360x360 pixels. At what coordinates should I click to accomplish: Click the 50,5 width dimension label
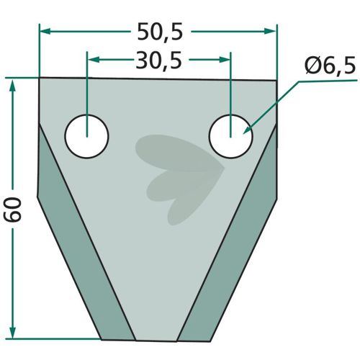(x=160, y=32)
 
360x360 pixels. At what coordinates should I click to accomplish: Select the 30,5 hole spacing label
(x=158, y=60)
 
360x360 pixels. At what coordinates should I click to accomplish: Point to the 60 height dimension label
(x=12, y=209)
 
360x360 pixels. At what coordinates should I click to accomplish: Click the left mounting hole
(x=87, y=136)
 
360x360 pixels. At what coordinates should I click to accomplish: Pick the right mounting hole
(x=230, y=136)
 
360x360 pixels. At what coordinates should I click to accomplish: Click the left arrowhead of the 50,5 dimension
(x=45, y=31)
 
